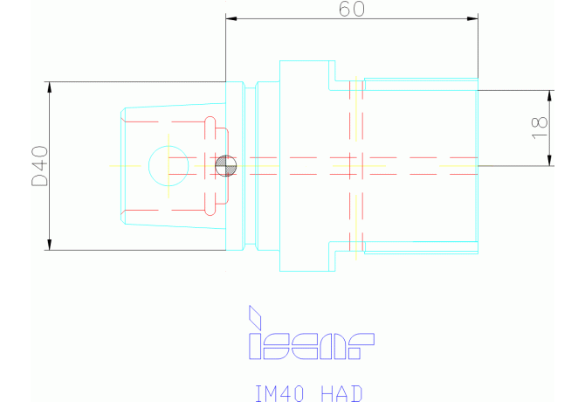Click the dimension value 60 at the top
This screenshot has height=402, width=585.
pos(352,9)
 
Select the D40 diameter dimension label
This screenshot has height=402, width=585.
pos(39,166)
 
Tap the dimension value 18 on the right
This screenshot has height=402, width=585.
pos(540,128)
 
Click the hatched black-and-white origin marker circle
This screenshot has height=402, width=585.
pos(226,166)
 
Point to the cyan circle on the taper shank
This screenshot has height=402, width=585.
pos(169,146)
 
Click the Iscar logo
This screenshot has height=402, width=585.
pos(312,333)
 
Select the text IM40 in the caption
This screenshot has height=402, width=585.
pos(279,393)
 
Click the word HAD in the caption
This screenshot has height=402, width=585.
pos(341,393)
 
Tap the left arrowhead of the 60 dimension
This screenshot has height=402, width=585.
pos(231,18)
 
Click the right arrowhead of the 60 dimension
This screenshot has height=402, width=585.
pos(472,18)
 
